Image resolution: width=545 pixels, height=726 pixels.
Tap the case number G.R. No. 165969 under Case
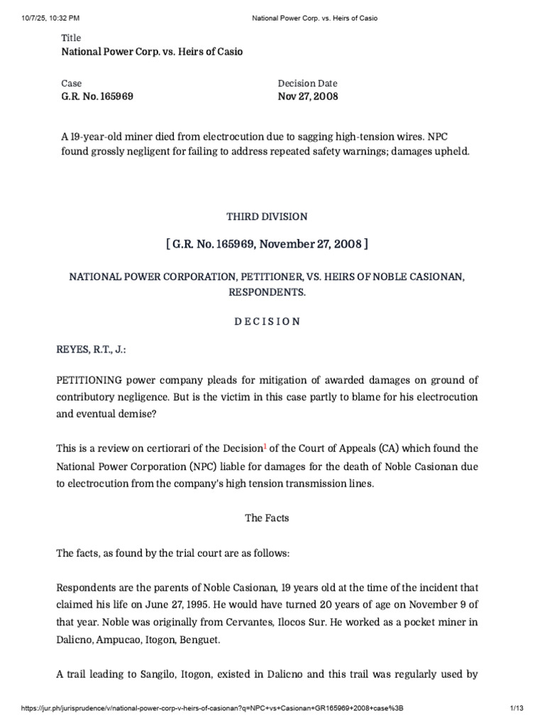pos(97,96)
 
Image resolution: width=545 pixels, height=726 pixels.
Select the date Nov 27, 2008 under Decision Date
pos(308,96)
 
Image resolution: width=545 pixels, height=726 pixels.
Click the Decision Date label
pos(307,84)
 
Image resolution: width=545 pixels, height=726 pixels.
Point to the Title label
pos(71,38)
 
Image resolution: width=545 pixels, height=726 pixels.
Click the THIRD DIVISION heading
pos(267,216)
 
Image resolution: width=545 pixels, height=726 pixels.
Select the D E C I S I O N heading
pos(267,321)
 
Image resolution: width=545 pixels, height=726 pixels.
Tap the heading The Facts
pos(267,518)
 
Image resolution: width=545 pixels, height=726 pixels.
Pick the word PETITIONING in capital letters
pos(89,379)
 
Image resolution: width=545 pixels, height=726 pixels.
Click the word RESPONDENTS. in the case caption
pos(267,291)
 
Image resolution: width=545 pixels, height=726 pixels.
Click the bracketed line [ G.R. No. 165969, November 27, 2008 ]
pos(267,245)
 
